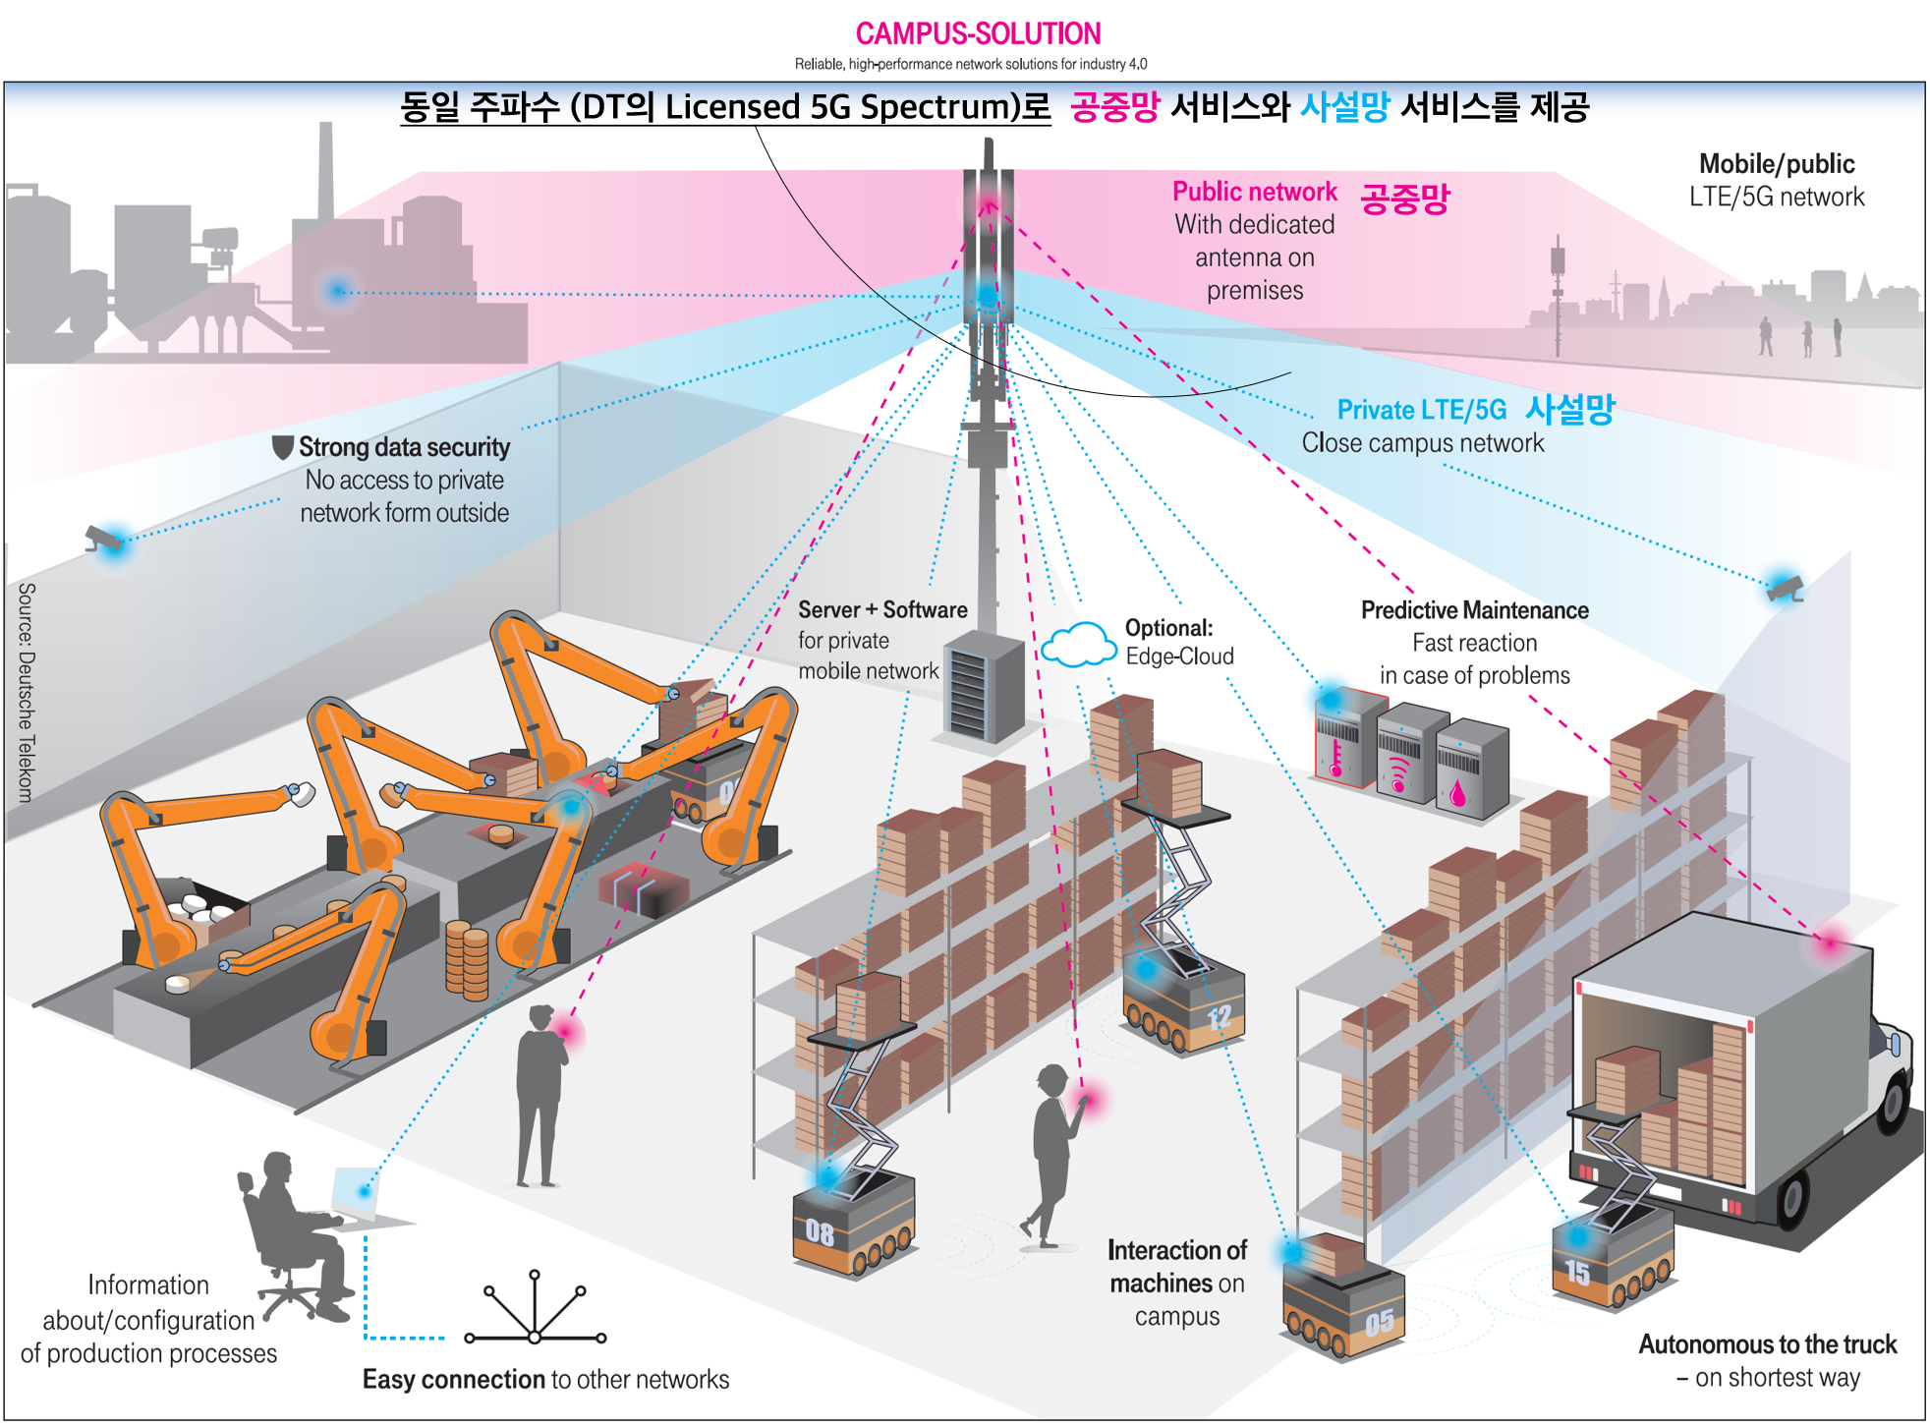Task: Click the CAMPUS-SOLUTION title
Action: [978, 33]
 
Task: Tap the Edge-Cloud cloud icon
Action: [1078, 645]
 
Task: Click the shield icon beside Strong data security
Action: [282, 447]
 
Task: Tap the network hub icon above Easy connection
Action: [535, 1308]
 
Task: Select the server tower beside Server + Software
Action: [984, 687]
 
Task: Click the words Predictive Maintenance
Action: [1474, 610]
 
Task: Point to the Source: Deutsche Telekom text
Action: [27, 693]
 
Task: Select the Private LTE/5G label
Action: [1421, 409]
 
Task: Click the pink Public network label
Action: [1255, 191]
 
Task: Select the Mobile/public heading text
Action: [1777, 164]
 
